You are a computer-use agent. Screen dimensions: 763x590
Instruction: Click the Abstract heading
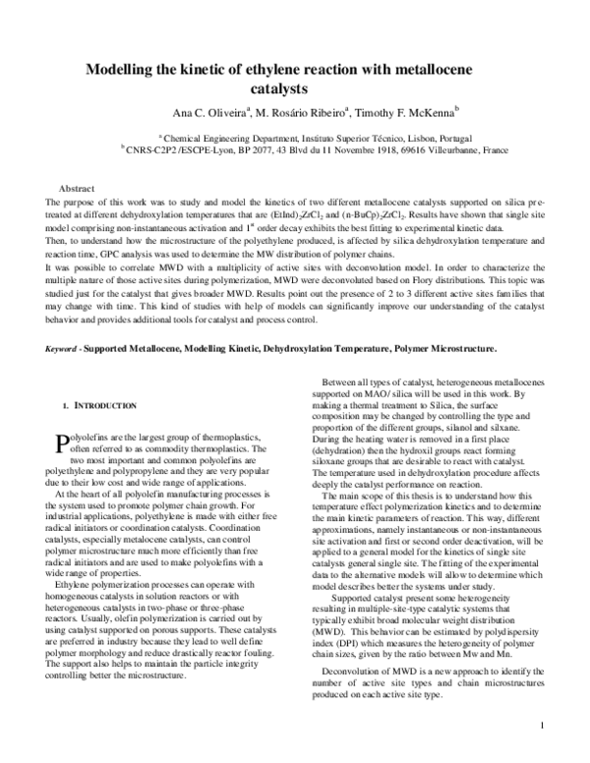(77, 187)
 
